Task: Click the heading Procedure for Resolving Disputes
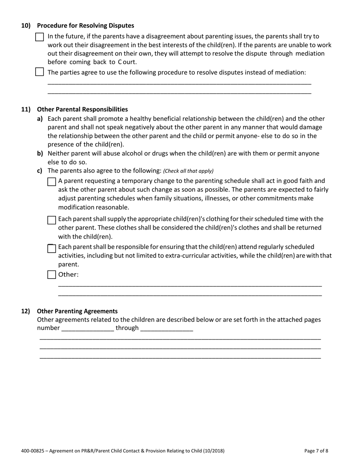pyautogui.click(x=85, y=26)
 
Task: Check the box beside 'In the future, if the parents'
pyautogui.click(x=39, y=37)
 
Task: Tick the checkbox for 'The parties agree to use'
pyautogui.click(x=39, y=72)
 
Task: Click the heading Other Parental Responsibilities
pyautogui.click(x=82, y=109)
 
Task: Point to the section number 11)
pyautogui.click(x=25, y=109)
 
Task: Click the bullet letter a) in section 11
pyautogui.click(x=40, y=119)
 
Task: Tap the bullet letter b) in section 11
pyautogui.click(x=40, y=153)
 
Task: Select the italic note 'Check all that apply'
pyautogui.click(x=188, y=171)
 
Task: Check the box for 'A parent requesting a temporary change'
pyautogui.click(x=52, y=182)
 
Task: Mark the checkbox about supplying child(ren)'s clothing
pyautogui.click(x=52, y=220)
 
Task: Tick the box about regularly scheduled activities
pyautogui.click(x=52, y=248)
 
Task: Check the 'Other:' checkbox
pyautogui.click(x=52, y=275)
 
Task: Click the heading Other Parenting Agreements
pyautogui.click(x=77, y=311)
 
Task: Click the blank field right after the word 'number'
pyautogui.click(x=88, y=328)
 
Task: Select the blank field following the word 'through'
pyautogui.click(x=167, y=328)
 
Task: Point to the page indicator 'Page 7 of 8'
pyautogui.click(x=316, y=451)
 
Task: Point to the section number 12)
pyautogui.click(x=25, y=311)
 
